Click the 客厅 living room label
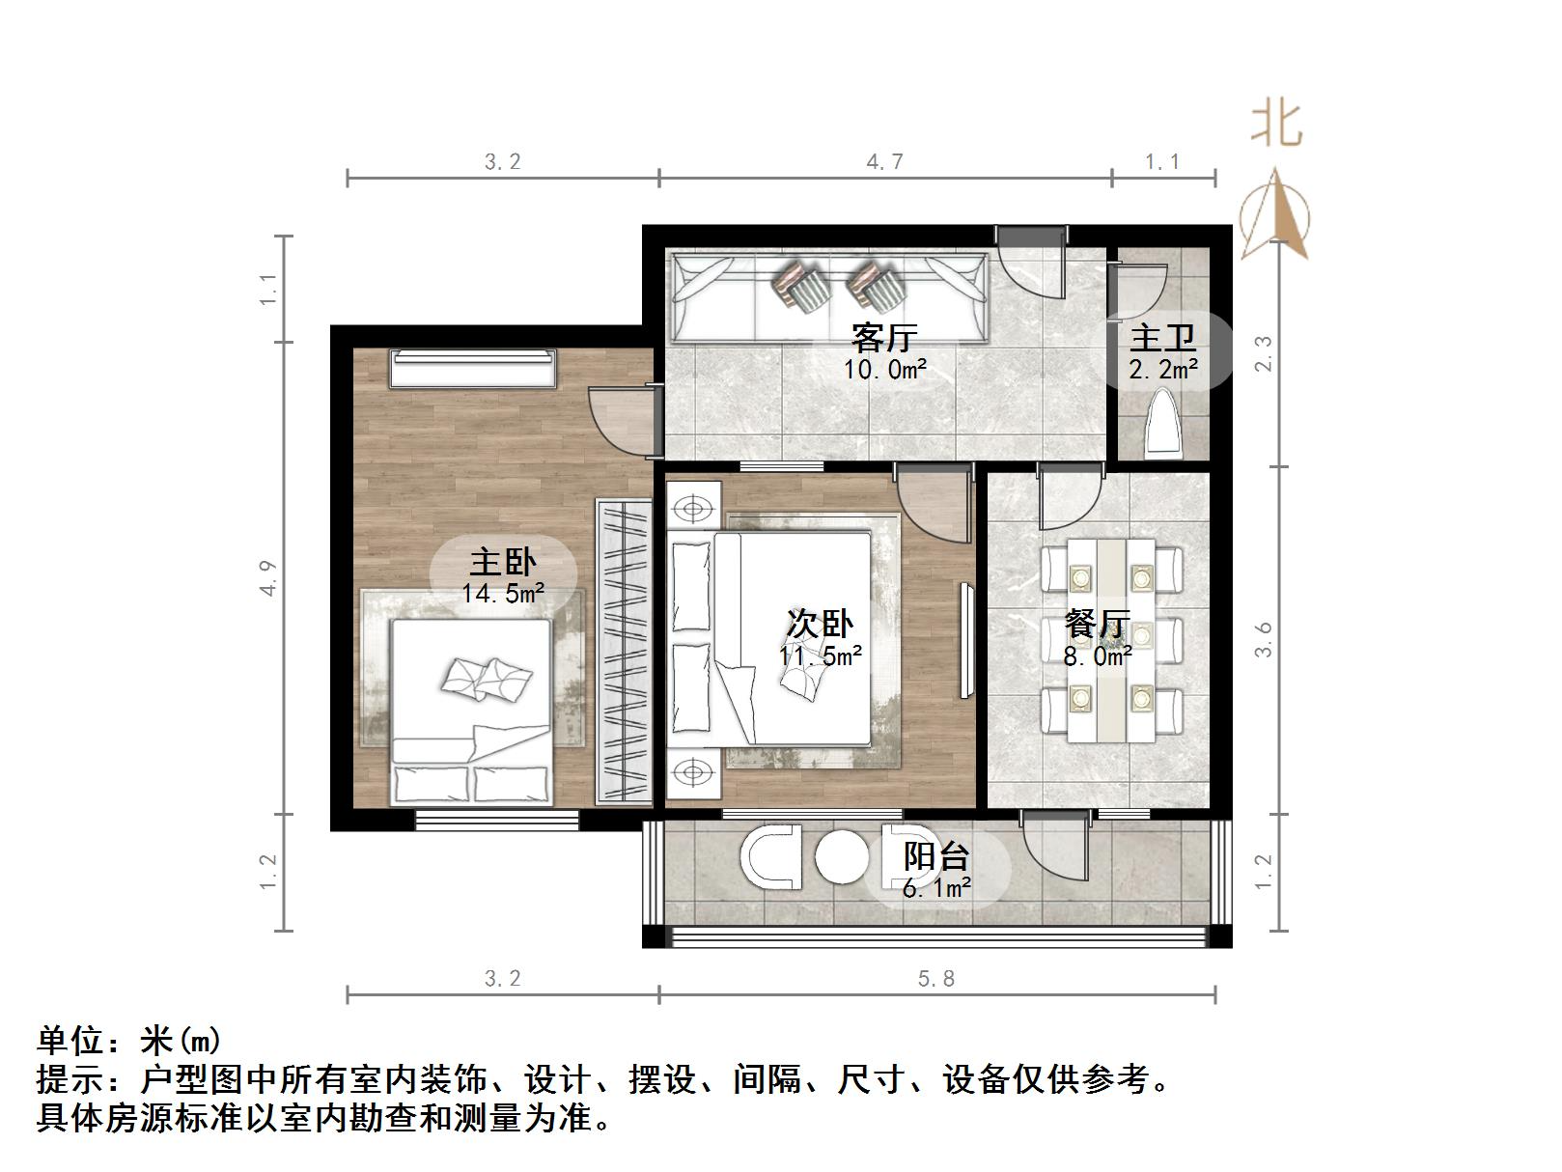tap(882, 338)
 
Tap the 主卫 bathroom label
tap(1162, 338)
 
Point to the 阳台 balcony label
tap(936, 856)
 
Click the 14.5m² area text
tap(502, 593)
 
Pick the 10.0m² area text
tap(885, 369)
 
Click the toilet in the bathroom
tap(1162, 425)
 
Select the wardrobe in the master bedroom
tap(624, 651)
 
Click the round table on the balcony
tap(841, 856)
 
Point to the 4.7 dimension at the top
tap(884, 161)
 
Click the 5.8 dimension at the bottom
tap(935, 979)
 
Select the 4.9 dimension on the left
tap(268, 577)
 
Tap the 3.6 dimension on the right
tap(1264, 639)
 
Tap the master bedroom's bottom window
tap(497, 821)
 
